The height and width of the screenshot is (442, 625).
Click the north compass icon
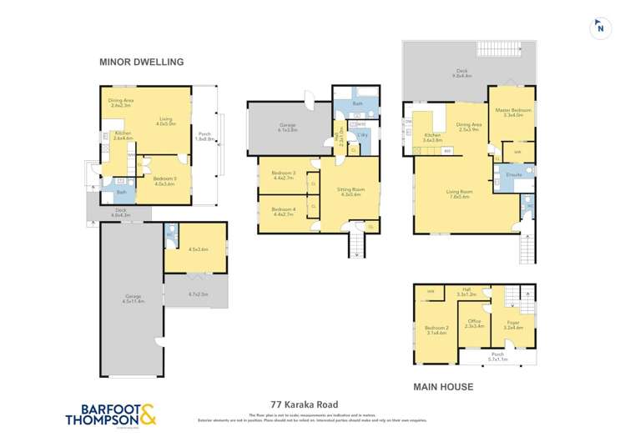point(598,28)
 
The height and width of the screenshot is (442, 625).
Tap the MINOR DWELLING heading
point(141,62)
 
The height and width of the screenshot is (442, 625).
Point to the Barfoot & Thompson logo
point(112,414)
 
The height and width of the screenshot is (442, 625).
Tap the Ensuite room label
point(513,175)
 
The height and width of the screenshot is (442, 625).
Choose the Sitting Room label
point(345,191)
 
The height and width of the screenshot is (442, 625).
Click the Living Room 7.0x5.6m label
point(460,193)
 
